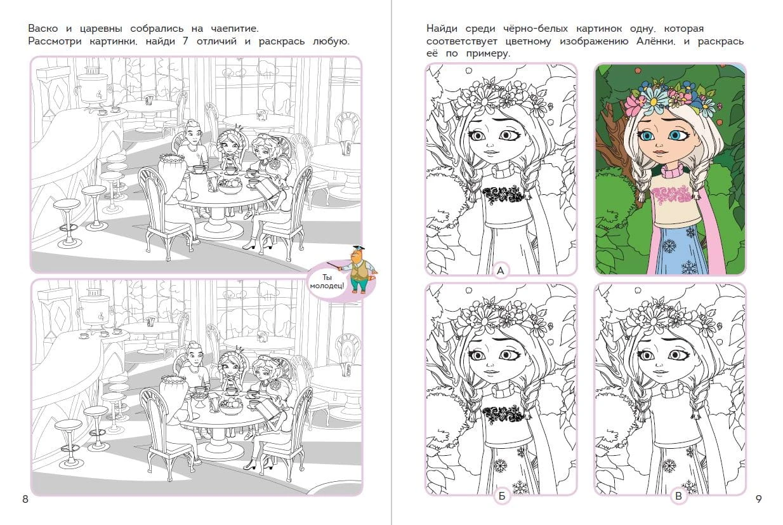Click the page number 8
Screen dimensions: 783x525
tap(25, 499)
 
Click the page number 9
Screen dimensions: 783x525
tap(758, 499)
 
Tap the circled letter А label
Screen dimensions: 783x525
tap(501, 270)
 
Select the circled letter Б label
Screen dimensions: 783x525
tap(502, 496)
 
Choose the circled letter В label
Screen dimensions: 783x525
tap(678, 496)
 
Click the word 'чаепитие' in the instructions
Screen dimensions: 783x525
tap(234, 29)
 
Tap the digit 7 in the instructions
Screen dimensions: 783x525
tap(186, 41)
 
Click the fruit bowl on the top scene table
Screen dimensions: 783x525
tap(229, 185)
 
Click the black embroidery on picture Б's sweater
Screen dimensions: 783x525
tap(503, 416)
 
